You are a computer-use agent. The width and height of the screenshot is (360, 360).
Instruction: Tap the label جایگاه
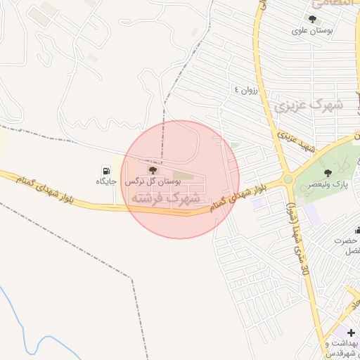tap(105, 181)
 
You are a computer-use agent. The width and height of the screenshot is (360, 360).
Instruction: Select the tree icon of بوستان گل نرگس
tap(153, 171)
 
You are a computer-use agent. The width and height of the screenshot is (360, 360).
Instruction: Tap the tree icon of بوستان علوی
tap(312, 20)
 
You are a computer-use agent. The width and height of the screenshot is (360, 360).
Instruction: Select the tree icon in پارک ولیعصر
tap(327, 172)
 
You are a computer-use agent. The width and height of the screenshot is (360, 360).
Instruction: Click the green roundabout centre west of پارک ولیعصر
tap(288, 179)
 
